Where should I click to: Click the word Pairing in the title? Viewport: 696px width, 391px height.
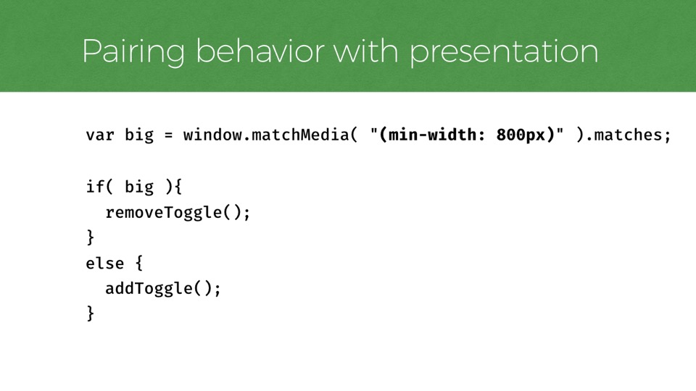pos(133,52)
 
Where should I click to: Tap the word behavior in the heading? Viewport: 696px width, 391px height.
pos(260,51)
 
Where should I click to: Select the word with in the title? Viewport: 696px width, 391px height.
pos(365,51)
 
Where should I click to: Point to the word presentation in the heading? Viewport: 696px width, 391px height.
pos(503,53)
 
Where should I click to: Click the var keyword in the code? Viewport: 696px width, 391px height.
pos(100,135)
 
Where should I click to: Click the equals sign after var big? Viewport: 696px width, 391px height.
pos(168,135)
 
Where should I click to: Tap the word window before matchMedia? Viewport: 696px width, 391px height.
pos(212,135)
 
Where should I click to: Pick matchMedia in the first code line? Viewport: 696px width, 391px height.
pos(300,135)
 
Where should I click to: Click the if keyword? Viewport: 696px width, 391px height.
pos(96,186)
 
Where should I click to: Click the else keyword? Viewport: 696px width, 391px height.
pos(104,264)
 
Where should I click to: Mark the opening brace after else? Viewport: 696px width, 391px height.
pos(139,264)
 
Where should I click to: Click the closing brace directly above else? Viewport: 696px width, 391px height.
pos(91,237)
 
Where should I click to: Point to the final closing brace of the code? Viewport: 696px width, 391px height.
pos(91,314)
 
